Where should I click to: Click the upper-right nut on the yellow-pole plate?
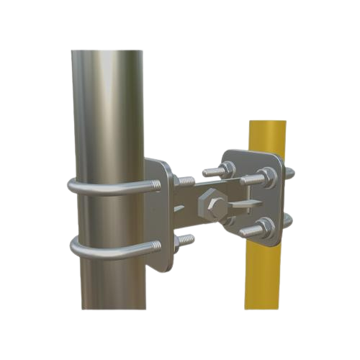tap(264, 175)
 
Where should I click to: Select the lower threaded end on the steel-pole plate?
tap(186, 238)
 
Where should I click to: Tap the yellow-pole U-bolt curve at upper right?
tap(289, 173)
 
